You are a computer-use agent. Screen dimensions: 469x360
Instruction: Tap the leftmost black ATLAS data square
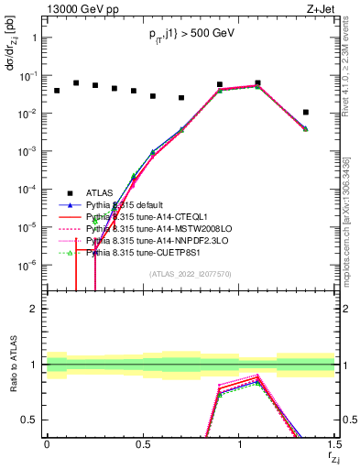point(56,91)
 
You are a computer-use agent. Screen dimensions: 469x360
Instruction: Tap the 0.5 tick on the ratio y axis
point(32,420)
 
